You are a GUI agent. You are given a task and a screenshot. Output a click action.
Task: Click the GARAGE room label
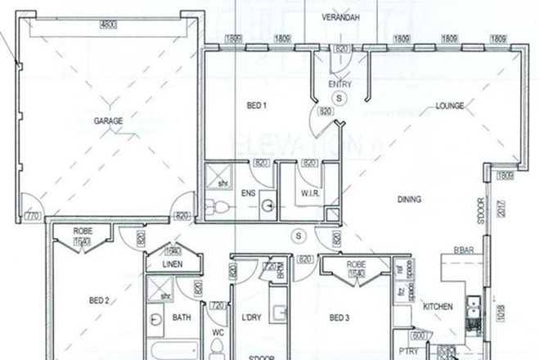pyautogui.click(x=108, y=121)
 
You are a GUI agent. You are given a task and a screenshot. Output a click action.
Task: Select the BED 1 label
pyautogui.click(x=258, y=106)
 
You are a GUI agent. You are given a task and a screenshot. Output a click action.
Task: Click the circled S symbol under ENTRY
pyautogui.click(x=341, y=97)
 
